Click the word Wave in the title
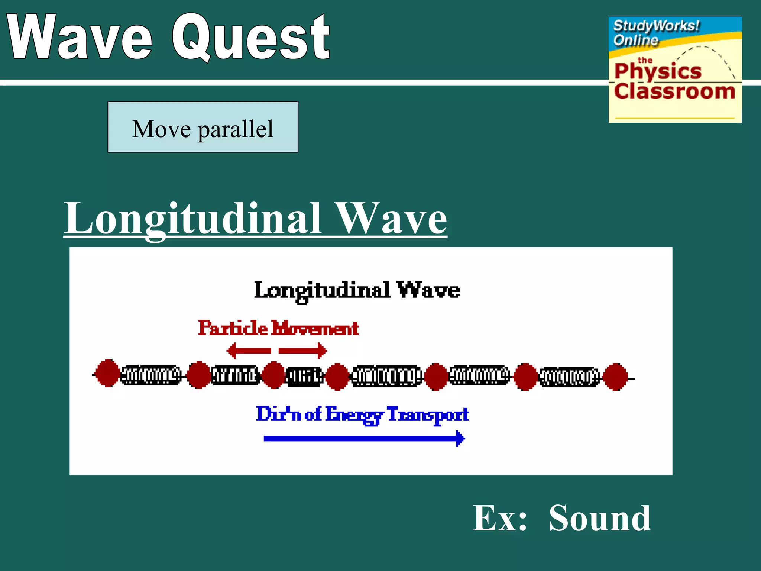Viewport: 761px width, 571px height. coord(80,37)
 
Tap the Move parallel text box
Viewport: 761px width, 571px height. coord(203,127)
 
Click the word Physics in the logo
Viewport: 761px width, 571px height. coord(658,71)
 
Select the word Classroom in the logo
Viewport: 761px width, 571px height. coord(674,91)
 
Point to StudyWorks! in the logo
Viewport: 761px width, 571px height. coord(656,26)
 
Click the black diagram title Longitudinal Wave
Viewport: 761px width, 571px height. coord(357,291)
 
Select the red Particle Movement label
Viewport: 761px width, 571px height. coord(278,328)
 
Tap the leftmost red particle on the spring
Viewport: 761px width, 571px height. coord(107,374)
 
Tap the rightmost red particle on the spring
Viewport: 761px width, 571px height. coord(616,377)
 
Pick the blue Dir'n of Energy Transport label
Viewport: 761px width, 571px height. coord(362,414)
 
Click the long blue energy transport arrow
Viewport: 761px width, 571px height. coord(364,439)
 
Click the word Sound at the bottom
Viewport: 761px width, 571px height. coord(600,519)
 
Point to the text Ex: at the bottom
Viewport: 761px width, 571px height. coord(500,519)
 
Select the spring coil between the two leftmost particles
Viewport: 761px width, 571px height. coord(151,375)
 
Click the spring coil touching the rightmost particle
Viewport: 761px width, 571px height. coord(569,377)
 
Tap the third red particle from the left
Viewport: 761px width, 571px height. coord(274,375)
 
